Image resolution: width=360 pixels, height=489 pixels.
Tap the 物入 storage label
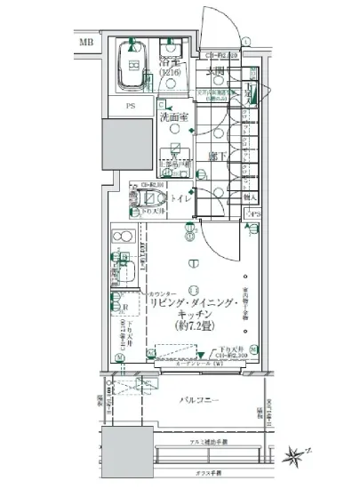[250, 198]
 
